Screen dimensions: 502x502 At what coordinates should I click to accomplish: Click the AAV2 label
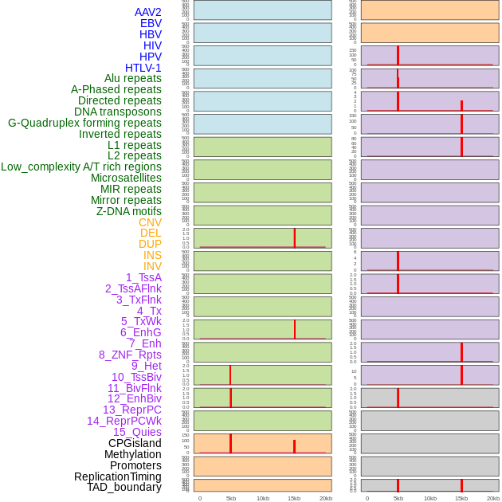(147, 12)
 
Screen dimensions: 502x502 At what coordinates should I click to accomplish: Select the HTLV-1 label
(143, 68)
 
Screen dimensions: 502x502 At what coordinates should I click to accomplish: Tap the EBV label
(151, 23)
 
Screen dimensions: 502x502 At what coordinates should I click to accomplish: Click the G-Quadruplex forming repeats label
(84, 123)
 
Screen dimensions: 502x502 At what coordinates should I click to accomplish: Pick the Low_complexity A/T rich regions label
(81, 167)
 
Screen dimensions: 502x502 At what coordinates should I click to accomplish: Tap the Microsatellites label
(126, 178)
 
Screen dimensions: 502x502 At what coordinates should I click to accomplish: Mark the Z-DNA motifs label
(128, 211)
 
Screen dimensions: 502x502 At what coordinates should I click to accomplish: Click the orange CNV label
(150, 222)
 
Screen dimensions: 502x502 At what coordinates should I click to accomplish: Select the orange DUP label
(150, 244)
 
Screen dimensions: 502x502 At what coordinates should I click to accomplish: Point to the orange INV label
(152, 266)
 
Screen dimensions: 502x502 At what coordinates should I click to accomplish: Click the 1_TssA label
(143, 277)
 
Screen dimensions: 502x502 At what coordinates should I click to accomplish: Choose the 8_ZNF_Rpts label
(130, 355)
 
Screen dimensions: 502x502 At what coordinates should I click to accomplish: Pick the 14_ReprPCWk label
(124, 421)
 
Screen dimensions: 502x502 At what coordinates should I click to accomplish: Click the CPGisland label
(135, 443)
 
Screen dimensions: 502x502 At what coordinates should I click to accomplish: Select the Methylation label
(132, 454)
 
